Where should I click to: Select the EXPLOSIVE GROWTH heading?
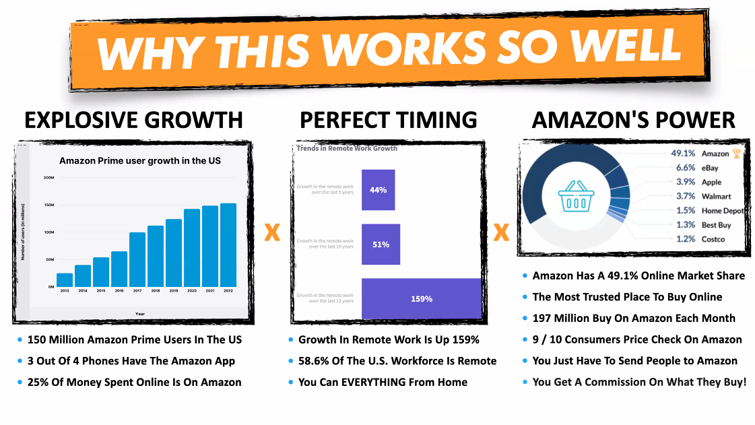(133, 120)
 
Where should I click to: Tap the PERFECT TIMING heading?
(389, 120)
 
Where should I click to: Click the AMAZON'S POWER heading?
(633, 120)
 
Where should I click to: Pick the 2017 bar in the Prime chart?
(137, 259)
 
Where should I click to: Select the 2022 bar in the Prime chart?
(228, 245)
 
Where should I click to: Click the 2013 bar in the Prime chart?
(65, 280)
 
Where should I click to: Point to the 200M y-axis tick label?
(48, 178)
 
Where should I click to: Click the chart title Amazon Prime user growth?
(140, 160)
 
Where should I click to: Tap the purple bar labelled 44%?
(378, 190)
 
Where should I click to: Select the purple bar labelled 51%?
(381, 244)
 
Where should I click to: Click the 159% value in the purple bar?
(422, 298)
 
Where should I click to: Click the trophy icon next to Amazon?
(736, 154)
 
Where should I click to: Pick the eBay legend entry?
(709, 168)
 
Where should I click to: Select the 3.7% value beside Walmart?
(686, 196)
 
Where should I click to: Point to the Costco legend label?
(713, 239)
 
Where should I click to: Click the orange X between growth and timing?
(272, 234)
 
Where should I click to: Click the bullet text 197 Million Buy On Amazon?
(634, 318)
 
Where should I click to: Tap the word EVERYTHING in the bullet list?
(382, 382)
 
